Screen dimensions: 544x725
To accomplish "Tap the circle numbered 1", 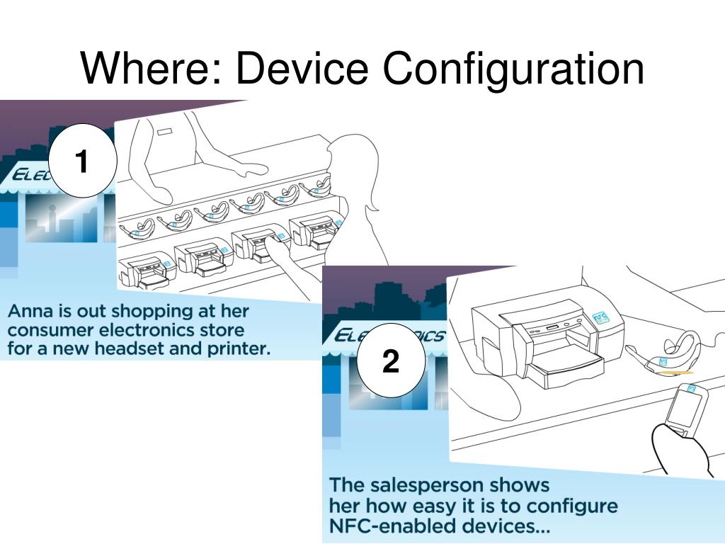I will (81, 162).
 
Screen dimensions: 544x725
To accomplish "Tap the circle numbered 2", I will (390, 362).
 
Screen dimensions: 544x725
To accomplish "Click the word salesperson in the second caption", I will (448, 486).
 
